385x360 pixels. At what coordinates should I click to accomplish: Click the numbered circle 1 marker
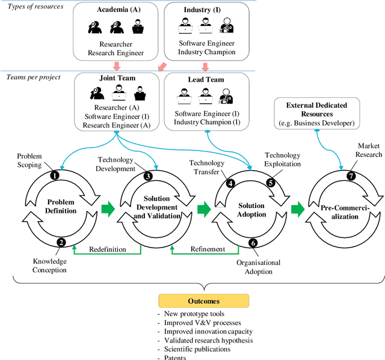(x=54, y=175)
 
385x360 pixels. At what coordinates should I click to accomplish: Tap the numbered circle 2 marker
(x=61, y=242)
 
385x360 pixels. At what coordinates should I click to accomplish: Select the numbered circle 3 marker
(x=147, y=176)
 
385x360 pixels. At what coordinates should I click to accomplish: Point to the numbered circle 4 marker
(x=230, y=183)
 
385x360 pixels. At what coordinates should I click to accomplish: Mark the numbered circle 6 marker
(x=253, y=242)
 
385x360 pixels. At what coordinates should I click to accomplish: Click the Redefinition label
(x=108, y=249)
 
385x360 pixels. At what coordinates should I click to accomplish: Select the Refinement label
(x=208, y=249)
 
